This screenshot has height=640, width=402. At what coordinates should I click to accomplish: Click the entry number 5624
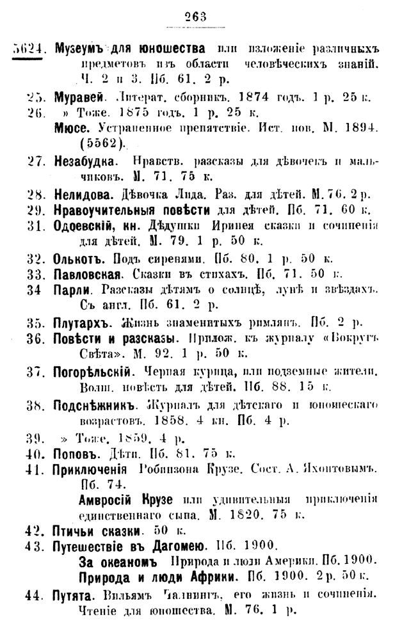pyautogui.click(x=28, y=49)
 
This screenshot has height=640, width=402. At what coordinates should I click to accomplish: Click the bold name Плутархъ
pyautogui.click(x=80, y=322)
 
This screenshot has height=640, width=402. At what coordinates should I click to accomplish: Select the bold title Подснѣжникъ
pyautogui.click(x=97, y=405)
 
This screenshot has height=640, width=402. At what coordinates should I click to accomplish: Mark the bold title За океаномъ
pyautogui.click(x=117, y=562)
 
